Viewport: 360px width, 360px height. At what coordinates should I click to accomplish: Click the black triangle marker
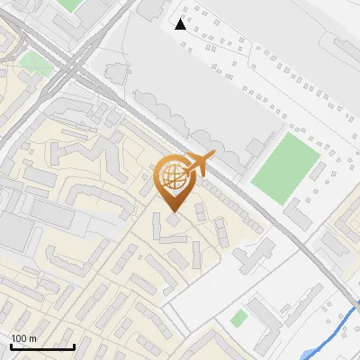[x=181, y=24]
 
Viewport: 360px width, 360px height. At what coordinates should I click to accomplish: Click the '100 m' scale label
[x=23, y=338]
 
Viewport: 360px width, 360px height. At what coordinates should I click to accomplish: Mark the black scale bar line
[x=42, y=346]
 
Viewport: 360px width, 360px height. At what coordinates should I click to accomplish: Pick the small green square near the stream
[x=238, y=319]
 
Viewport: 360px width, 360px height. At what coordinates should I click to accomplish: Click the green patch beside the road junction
[x=36, y=64]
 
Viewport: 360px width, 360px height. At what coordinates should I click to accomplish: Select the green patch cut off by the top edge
[x=69, y=4]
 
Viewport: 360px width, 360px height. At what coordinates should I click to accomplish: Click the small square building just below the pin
[x=172, y=219]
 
